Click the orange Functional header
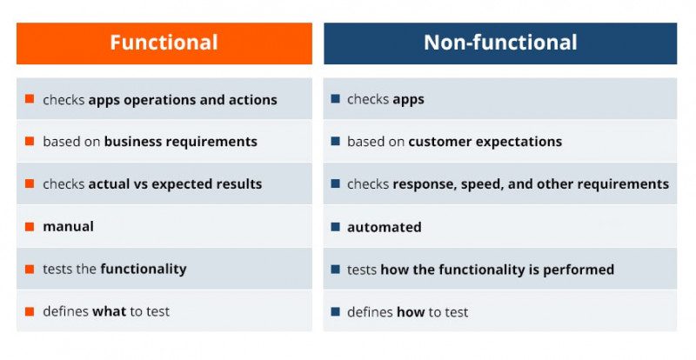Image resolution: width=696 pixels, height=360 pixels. [x=164, y=43]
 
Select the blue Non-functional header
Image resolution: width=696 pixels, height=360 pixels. [x=500, y=43]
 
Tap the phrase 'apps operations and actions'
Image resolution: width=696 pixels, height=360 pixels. [x=183, y=99]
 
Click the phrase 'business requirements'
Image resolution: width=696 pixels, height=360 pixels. [x=180, y=142]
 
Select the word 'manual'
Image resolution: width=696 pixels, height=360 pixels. [x=68, y=227]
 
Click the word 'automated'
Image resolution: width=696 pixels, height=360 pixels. [x=384, y=227]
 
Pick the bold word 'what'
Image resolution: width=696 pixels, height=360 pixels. [x=110, y=312]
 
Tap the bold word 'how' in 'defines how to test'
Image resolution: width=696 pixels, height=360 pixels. [x=410, y=312]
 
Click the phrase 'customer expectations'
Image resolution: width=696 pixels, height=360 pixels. [x=485, y=142]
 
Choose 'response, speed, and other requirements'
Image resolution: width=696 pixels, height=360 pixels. [x=531, y=184]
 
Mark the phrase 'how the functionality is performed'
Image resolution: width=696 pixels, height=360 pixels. [x=497, y=270]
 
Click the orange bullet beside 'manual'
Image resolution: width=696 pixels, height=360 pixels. [x=30, y=227]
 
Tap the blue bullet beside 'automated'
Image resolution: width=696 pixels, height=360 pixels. [x=335, y=227]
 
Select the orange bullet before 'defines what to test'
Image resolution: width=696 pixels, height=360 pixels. [x=30, y=311]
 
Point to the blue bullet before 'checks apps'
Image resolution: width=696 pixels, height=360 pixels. [x=335, y=99]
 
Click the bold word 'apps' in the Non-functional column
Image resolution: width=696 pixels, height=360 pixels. [x=408, y=100]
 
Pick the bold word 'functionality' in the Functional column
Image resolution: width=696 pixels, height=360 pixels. [x=143, y=270]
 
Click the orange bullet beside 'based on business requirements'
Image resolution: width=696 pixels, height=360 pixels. [x=30, y=141]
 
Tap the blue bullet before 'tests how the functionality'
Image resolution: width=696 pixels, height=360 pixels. [x=335, y=270]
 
